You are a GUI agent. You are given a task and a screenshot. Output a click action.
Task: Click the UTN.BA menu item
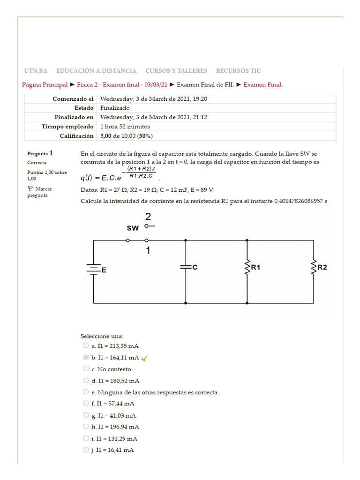click(x=36, y=71)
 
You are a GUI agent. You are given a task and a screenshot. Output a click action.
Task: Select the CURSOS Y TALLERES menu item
click(x=176, y=71)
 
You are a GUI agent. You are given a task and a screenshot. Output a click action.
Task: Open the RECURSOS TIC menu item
click(x=238, y=71)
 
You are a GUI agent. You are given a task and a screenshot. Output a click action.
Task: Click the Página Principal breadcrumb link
click(x=45, y=84)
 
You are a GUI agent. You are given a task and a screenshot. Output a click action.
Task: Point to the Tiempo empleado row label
click(x=67, y=127)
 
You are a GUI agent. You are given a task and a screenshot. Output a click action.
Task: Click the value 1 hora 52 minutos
click(x=125, y=127)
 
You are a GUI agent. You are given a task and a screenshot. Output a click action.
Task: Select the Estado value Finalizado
click(x=115, y=108)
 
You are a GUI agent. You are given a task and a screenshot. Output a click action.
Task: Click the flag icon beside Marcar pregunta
click(x=30, y=188)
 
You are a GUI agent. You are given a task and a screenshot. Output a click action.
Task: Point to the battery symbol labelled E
click(x=94, y=269)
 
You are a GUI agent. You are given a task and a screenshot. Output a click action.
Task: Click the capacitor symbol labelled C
click(x=186, y=267)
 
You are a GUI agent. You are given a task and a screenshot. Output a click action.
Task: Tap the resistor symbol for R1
click(x=247, y=267)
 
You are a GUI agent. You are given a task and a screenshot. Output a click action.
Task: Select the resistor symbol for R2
click(x=313, y=267)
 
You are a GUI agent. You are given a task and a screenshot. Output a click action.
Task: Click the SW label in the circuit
click(x=133, y=228)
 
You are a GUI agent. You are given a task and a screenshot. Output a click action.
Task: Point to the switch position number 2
click(x=148, y=217)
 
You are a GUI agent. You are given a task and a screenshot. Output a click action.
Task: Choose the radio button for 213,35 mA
click(x=86, y=345)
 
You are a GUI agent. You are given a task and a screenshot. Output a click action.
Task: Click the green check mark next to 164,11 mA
click(x=144, y=358)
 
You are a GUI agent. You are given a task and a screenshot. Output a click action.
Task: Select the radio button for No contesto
click(x=86, y=369)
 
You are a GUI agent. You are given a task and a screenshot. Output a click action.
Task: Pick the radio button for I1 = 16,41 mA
click(x=86, y=450)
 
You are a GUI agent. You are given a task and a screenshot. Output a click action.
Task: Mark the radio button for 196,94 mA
click(x=86, y=427)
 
